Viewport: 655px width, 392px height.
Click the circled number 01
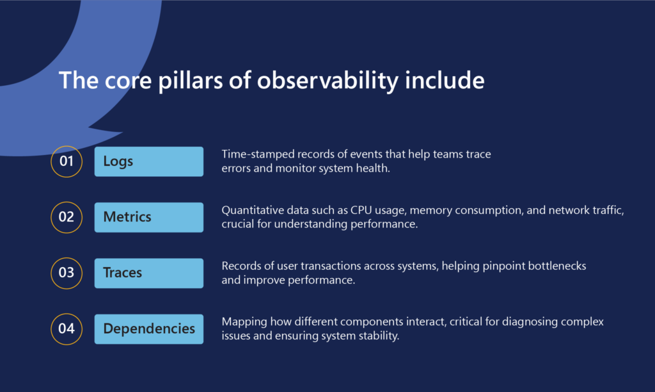67,161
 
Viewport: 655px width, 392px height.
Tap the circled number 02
67,217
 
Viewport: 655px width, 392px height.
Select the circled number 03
67,274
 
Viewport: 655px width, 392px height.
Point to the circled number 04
67,329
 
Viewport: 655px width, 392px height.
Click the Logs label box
148,161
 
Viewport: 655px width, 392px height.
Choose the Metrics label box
148,218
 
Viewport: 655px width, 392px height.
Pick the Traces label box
148,274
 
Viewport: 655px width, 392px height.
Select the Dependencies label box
148,329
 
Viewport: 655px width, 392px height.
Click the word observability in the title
327,81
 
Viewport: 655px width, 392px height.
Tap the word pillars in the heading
191,81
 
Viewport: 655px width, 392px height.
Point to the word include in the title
445,80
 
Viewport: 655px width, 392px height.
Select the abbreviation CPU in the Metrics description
361,210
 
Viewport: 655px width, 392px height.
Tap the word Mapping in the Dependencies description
244,322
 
